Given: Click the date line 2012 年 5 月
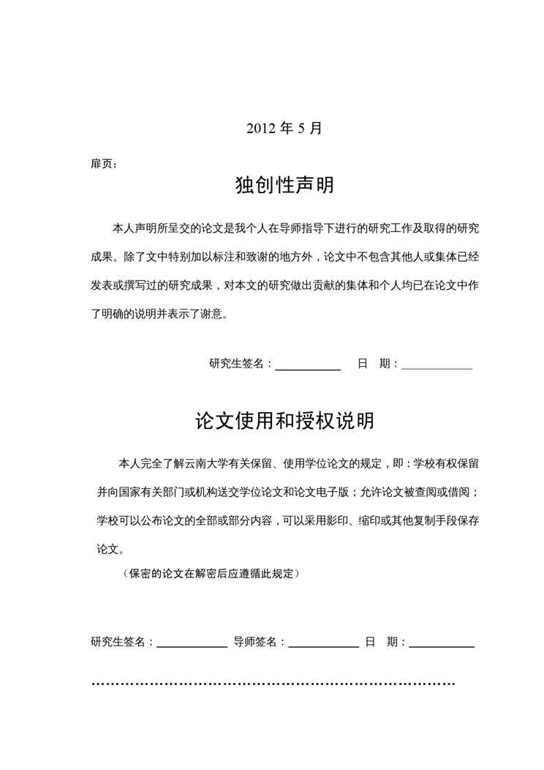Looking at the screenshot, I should [x=284, y=128].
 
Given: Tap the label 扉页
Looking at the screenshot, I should [x=102, y=163].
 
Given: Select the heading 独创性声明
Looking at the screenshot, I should [x=284, y=185].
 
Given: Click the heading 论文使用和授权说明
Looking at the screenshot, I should [x=284, y=421].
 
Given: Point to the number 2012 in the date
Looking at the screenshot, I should [x=260, y=128].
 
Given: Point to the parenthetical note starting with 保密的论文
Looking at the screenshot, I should [x=211, y=574].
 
